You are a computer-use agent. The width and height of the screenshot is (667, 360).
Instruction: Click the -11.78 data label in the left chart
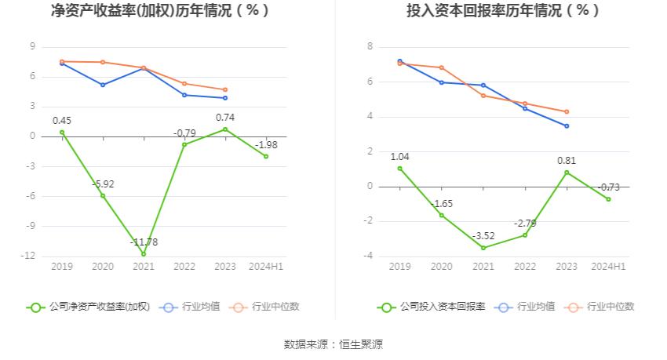pyautogui.click(x=144, y=242)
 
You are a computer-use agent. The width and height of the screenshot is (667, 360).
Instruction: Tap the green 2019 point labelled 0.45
pyautogui.click(x=62, y=133)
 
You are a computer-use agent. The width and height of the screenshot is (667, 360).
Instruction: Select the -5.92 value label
pyautogui.click(x=104, y=184)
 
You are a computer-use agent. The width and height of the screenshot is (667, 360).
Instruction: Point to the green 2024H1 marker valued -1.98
pyautogui.click(x=266, y=156)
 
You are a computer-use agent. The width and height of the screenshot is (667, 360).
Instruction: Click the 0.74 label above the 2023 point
pyautogui.click(x=225, y=118)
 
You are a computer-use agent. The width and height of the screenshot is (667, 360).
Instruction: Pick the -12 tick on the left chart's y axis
pyautogui.click(x=31, y=256)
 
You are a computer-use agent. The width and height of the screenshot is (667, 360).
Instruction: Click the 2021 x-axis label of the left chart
pyautogui.click(x=144, y=267)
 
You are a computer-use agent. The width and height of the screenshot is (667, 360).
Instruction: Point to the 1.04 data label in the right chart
pyautogui.click(x=399, y=157)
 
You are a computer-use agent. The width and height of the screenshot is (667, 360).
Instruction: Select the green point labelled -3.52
pyautogui.click(x=483, y=248)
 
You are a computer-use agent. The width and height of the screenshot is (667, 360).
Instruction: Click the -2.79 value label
pyautogui.click(x=525, y=224)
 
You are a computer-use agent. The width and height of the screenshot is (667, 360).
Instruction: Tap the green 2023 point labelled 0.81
pyautogui.click(x=567, y=173)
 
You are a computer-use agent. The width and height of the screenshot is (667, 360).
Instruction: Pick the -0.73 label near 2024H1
pyautogui.click(x=608, y=187)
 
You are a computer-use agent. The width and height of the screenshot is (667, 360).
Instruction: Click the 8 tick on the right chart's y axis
pyautogui.click(x=369, y=47)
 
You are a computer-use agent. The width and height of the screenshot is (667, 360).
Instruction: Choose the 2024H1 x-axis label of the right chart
pyautogui.click(x=608, y=267)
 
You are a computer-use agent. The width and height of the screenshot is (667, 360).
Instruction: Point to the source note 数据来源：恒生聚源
pyautogui.click(x=333, y=344)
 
